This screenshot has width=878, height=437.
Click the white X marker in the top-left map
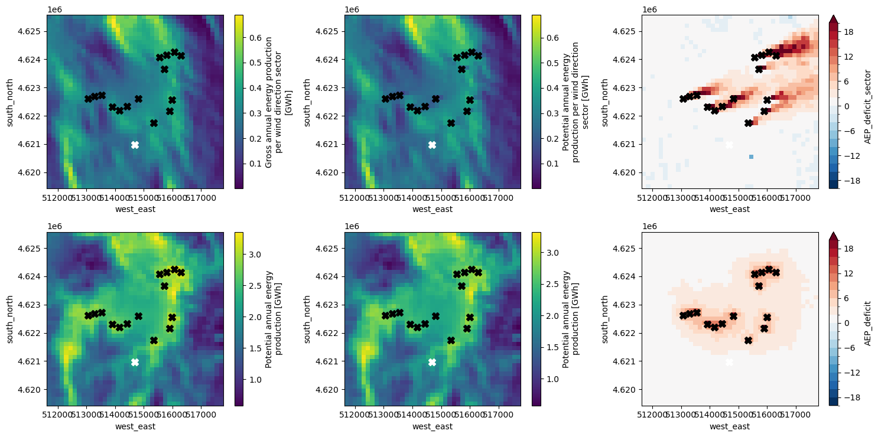pyautogui.click(x=135, y=145)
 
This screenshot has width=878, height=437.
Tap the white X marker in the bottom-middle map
pyautogui.click(x=432, y=362)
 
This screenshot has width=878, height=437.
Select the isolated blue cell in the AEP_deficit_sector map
pyautogui.click(x=751, y=156)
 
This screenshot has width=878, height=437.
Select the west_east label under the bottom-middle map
pyautogui.click(x=432, y=426)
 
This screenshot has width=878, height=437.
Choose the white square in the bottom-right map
pyautogui.click(x=729, y=362)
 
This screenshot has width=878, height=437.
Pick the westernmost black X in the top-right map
pyautogui.click(x=683, y=99)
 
